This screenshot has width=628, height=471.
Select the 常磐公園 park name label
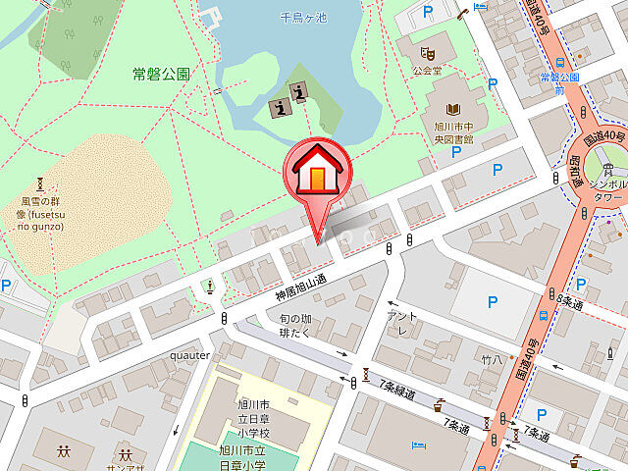pos(163,73)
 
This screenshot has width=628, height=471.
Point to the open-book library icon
pos(454,110)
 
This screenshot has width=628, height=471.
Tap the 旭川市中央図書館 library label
pos(454,132)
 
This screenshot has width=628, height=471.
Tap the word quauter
pos(189,355)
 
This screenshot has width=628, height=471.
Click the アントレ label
pos(402,321)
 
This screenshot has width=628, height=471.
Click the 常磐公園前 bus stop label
pos(559,82)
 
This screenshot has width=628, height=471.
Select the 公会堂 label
pos(428,71)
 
